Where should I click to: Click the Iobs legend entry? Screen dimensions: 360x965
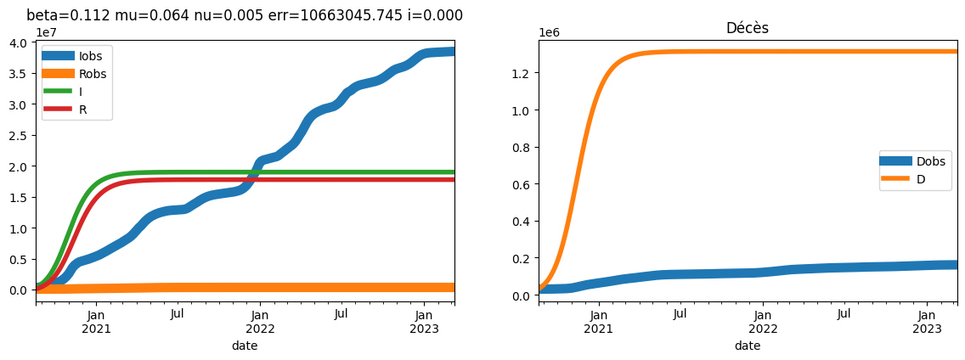76,56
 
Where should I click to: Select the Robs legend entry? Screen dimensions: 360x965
76,74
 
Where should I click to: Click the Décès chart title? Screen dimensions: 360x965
748,28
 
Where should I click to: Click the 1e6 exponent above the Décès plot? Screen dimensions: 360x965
550,32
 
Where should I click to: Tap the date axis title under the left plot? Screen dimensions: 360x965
245,346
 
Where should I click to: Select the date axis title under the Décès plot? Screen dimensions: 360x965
748,346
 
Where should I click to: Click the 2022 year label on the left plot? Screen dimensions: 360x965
260,329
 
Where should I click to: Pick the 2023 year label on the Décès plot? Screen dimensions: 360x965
928,329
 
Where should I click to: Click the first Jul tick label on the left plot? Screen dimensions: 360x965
178,315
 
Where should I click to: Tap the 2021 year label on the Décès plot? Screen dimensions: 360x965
599,329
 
